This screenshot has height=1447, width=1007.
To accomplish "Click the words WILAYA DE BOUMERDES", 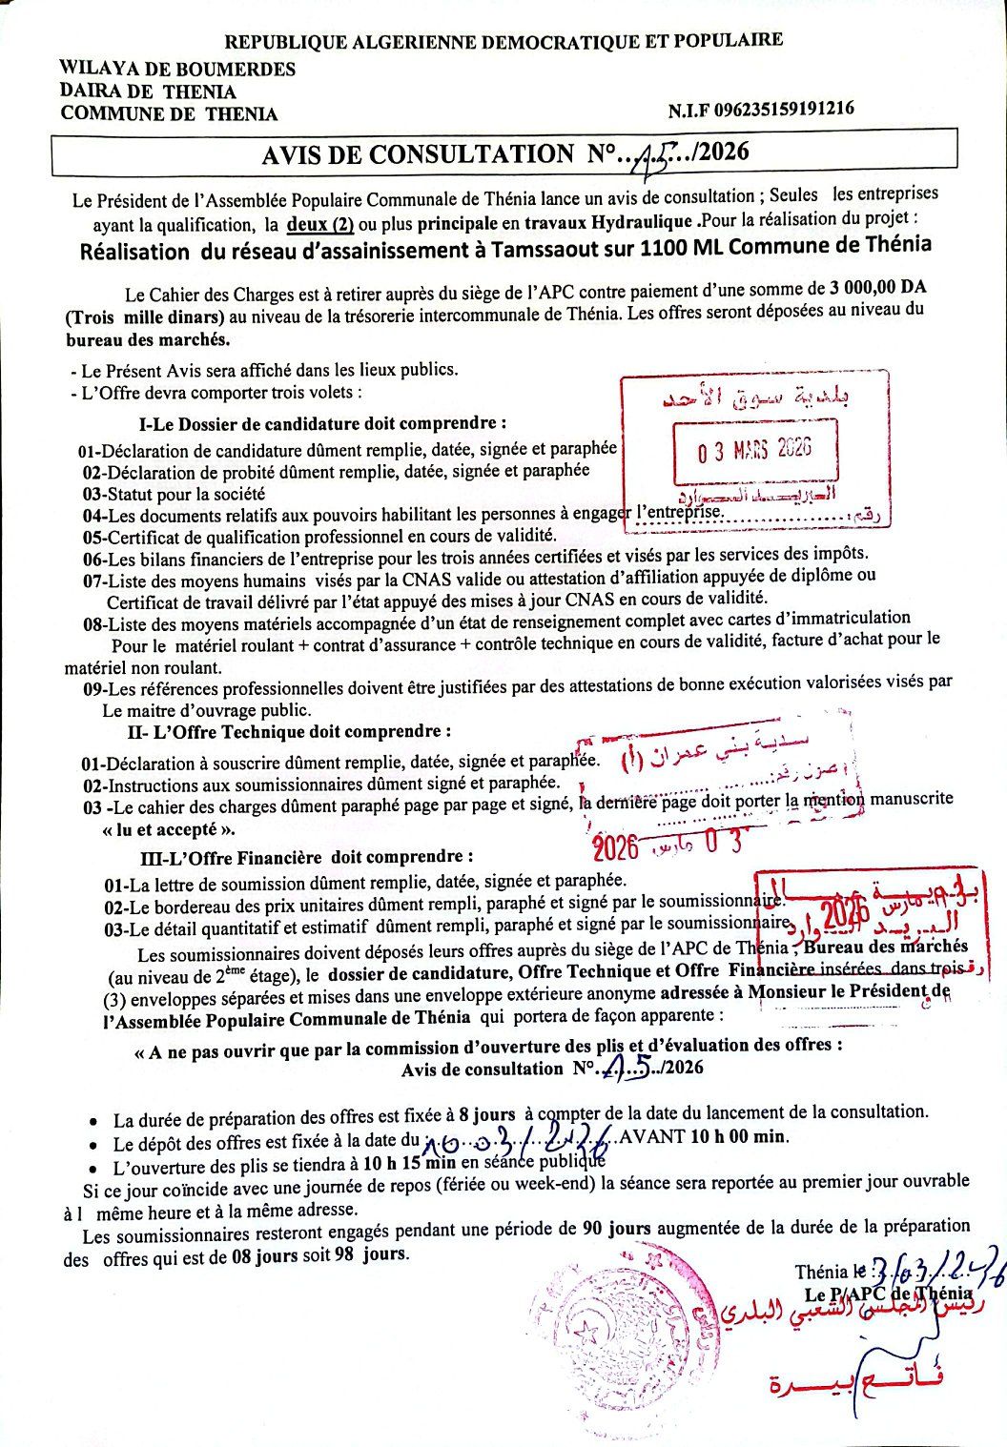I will (x=176, y=69).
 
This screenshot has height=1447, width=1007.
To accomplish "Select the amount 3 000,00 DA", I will (x=878, y=287).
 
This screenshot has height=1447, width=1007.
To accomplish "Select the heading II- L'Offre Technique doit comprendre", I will (x=287, y=733).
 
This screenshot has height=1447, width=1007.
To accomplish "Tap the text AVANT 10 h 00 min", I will (x=703, y=1136).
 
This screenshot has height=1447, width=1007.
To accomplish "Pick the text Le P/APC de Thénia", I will (x=888, y=1294).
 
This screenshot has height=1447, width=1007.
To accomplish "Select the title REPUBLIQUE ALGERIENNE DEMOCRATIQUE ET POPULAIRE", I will (x=503, y=41).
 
